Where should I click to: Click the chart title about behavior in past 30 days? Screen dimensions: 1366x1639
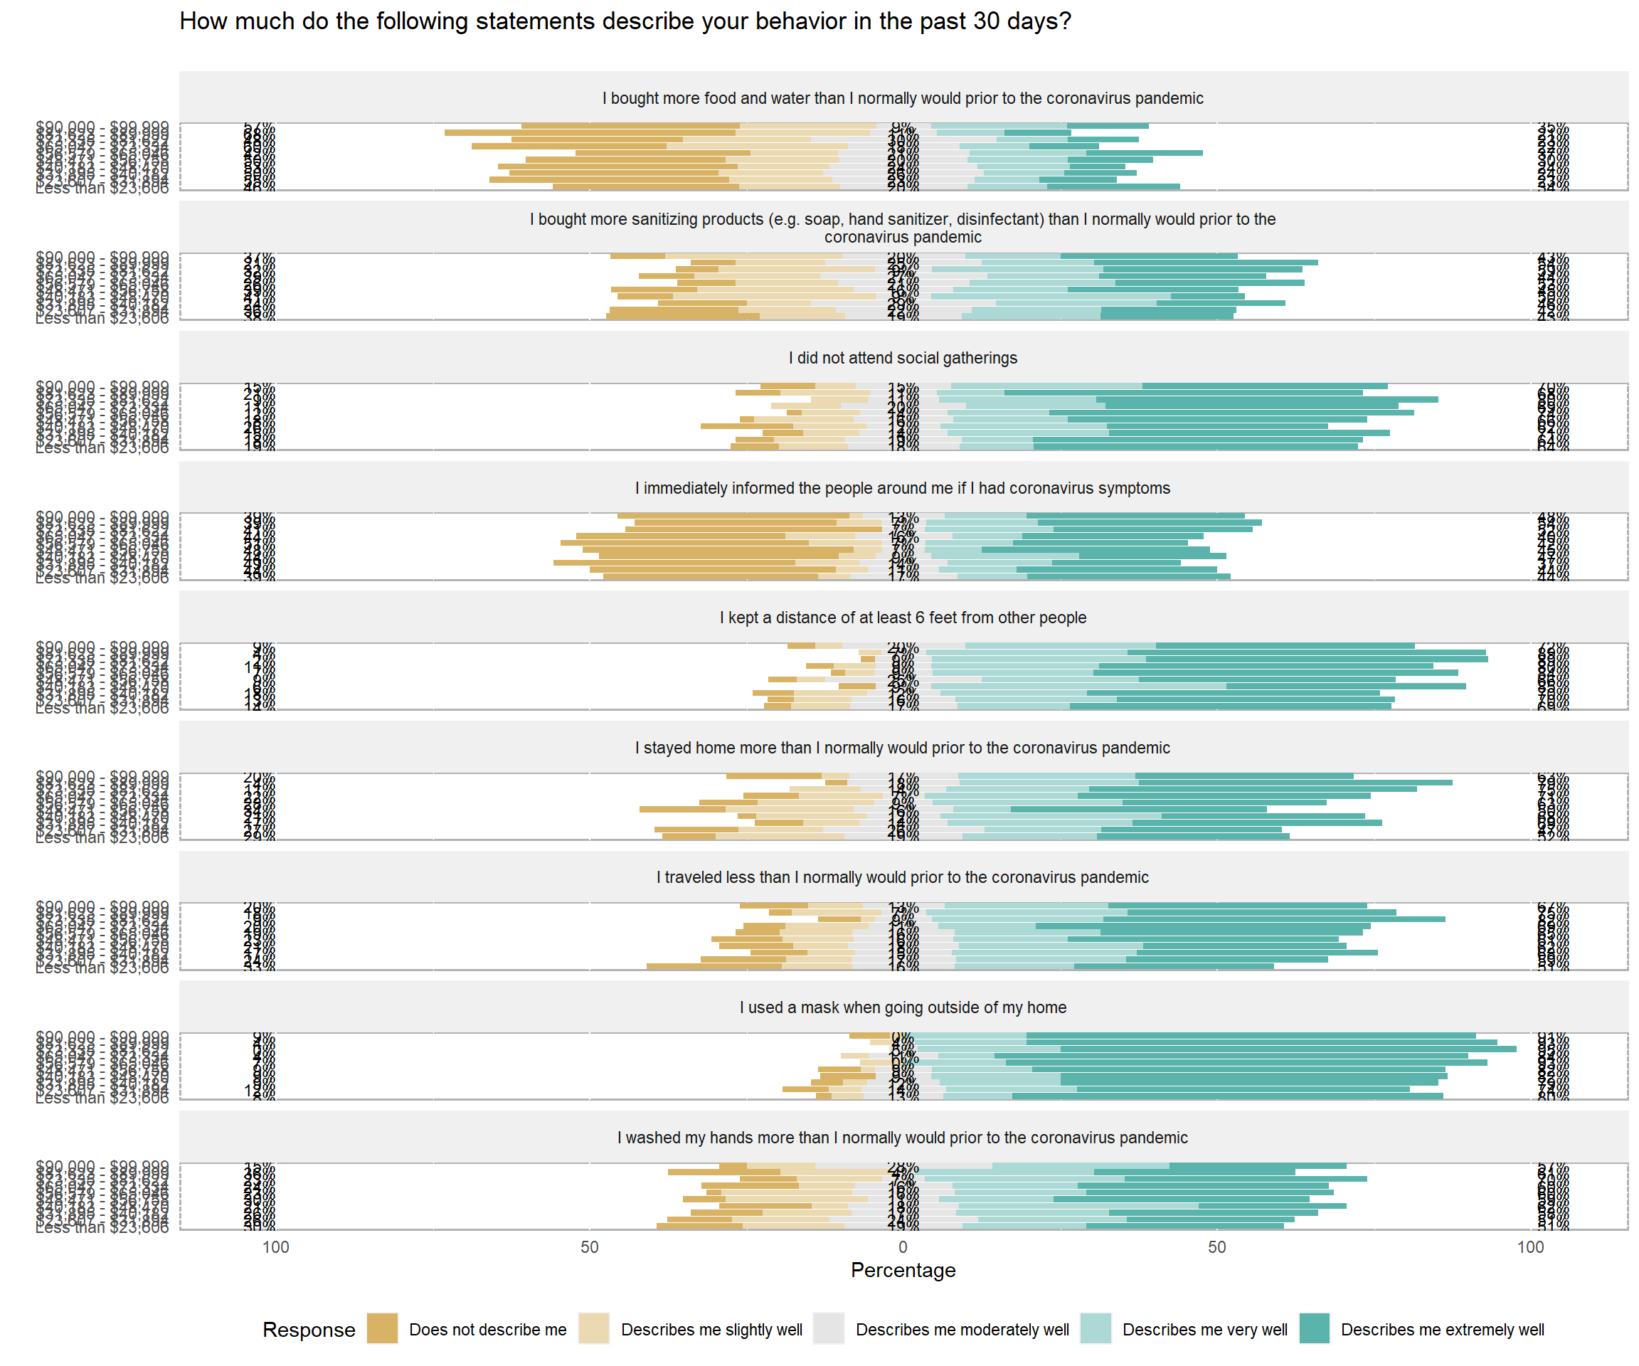[625, 21]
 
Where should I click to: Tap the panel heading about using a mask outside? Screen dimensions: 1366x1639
[902, 1007]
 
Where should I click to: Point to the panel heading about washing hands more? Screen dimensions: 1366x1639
[902, 1138]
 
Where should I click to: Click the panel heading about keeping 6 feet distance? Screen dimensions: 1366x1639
[902, 618]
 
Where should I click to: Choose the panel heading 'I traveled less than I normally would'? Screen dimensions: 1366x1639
[902, 877]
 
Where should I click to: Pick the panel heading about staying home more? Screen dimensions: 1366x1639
[902, 748]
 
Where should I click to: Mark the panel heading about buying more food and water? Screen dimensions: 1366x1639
[902, 98]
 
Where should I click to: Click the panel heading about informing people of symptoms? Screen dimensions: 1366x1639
[902, 488]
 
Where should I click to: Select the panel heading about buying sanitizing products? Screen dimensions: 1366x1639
[902, 228]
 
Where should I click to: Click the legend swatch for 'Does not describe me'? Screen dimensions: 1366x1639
[383, 1328]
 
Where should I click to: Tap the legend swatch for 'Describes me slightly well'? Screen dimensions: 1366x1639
[594, 1328]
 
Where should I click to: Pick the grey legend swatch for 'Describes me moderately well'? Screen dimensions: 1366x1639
[829, 1328]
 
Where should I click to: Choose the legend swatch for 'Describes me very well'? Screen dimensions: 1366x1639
[1095, 1328]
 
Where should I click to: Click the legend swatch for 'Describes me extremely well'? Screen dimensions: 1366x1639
[1315, 1328]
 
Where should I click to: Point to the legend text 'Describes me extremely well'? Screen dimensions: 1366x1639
[1443, 1329]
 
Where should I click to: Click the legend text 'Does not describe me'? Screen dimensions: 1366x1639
[488, 1329]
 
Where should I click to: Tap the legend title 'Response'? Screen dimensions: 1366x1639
[308, 1329]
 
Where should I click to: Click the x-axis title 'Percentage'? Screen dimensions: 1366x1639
[902, 1270]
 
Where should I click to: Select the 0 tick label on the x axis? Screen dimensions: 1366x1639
[902, 1246]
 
